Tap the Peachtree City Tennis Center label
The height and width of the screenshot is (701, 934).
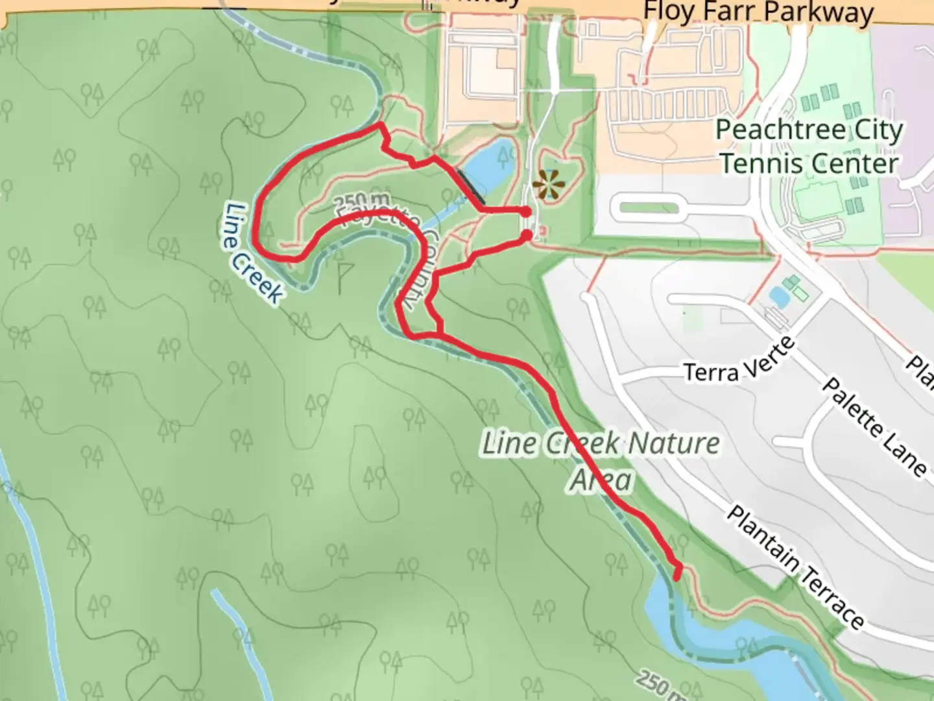pos(809,147)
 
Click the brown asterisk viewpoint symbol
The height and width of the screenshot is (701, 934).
pos(549,185)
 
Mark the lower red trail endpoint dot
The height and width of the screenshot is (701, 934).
pos(527,235)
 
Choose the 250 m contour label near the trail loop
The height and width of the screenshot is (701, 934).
pos(364,201)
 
